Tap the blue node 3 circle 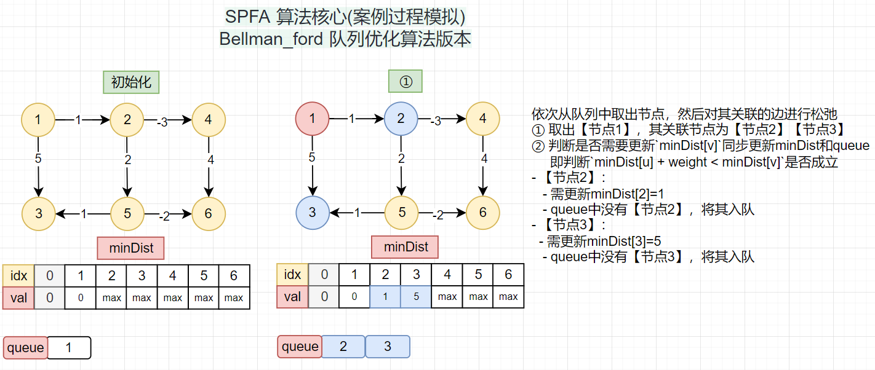[313, 213]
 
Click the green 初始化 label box [131, 82]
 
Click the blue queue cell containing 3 [388, 347]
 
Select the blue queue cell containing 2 [343, 347]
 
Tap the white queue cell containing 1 [69, 348]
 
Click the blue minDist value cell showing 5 [416, 297]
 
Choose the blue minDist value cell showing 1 [385, 297]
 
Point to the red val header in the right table [292, 297]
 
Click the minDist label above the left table [130, 248]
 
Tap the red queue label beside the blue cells [300, 347]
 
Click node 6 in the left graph [209, 213]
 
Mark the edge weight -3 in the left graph [162, 122]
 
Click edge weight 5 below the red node [312, 157]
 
